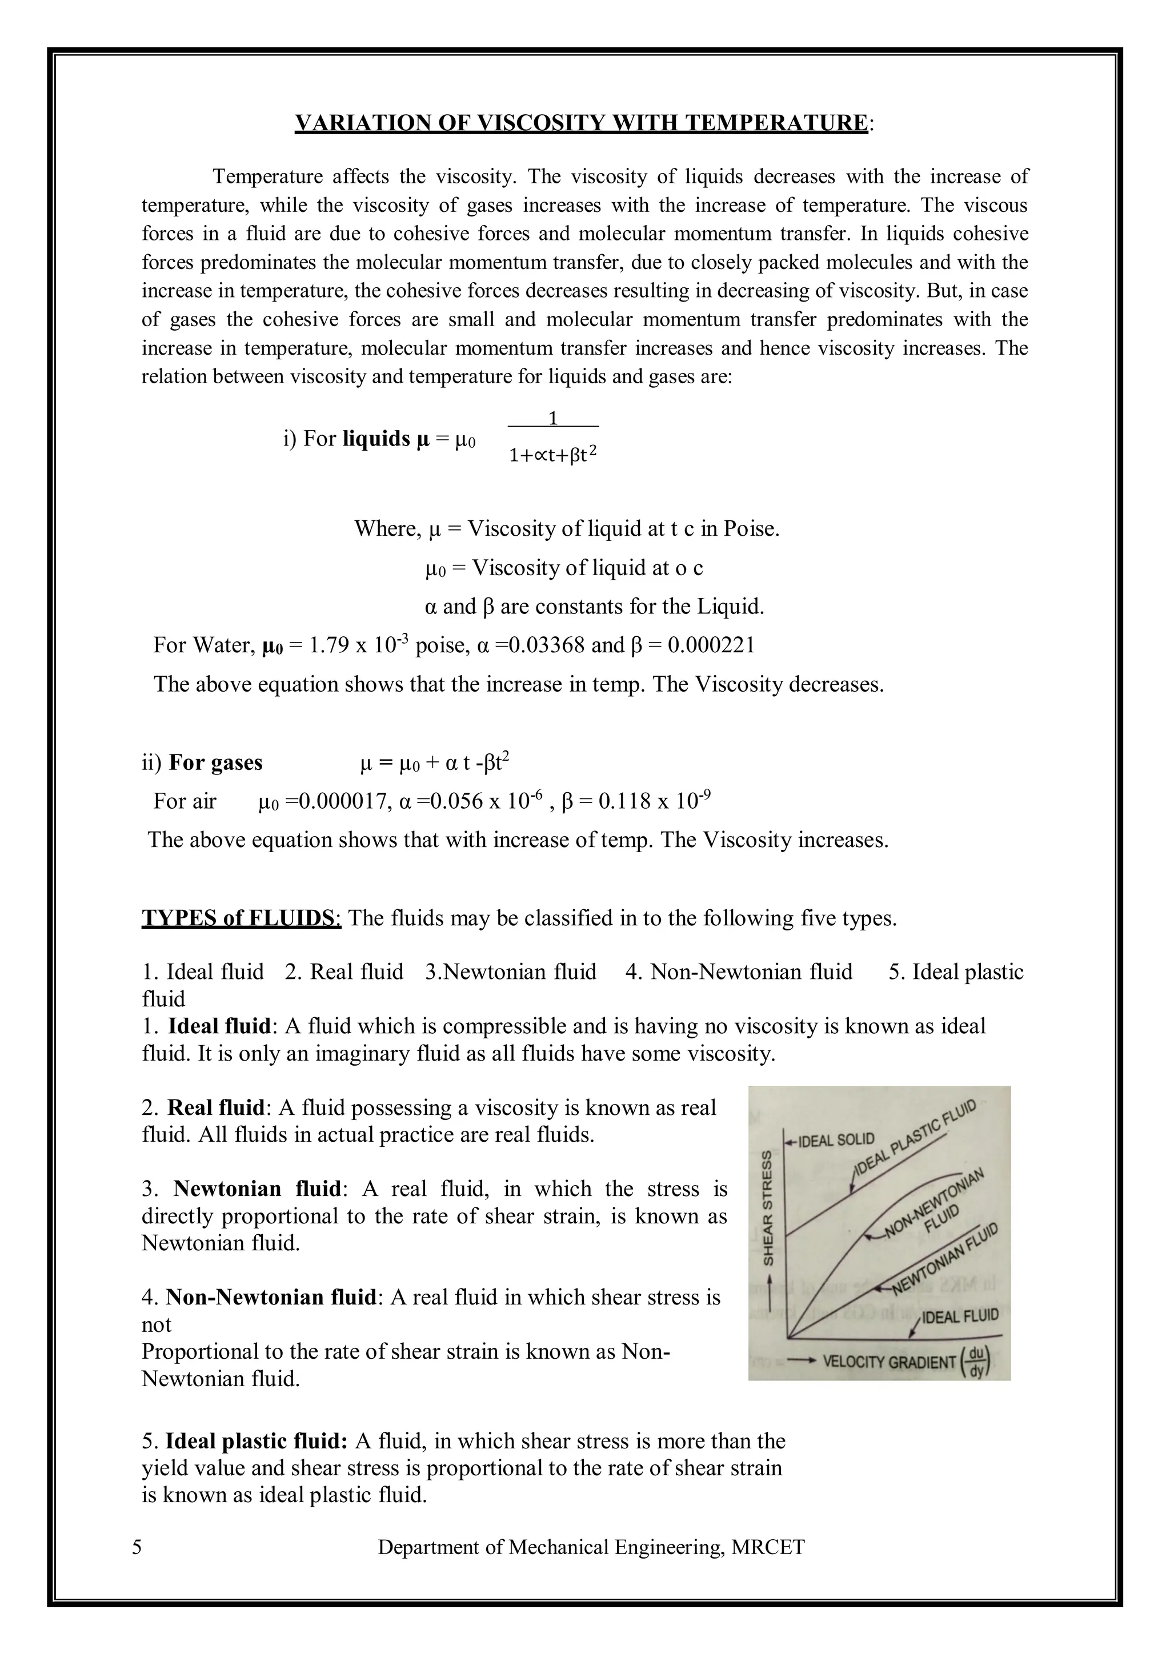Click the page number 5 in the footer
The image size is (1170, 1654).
tap(137, 1547)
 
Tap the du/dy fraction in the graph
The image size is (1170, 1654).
tap(977, 1360)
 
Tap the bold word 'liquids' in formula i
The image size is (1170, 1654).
tap(376, 438)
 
